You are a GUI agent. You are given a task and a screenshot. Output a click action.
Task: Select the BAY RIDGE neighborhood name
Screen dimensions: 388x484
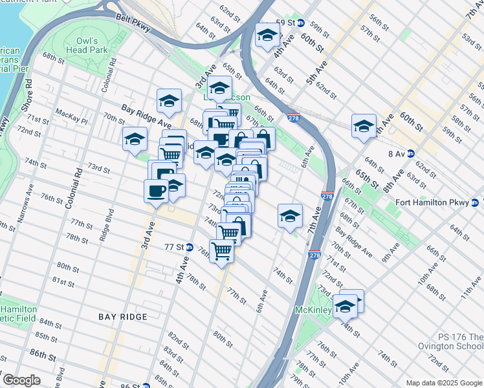[123, 317]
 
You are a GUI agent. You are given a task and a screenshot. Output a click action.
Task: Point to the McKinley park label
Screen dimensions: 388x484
[314, 311]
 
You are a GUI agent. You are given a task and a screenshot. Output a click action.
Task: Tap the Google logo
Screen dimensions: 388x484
[21, 380]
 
